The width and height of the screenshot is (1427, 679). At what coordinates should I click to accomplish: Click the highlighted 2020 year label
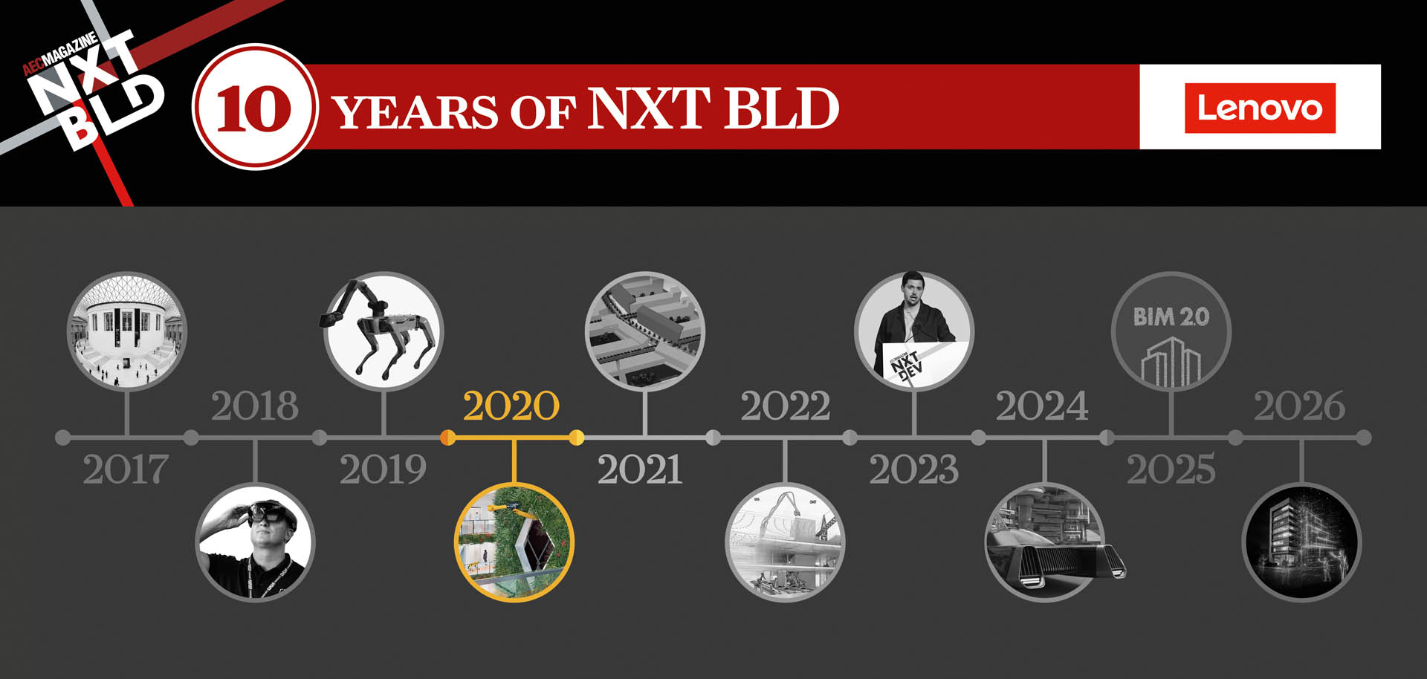(x=511, y=406)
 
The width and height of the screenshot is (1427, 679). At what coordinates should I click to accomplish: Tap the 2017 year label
(x=126, y=470)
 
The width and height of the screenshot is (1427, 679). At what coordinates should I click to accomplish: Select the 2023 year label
(x=913, y=470)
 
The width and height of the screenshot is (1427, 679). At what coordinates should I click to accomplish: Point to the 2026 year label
(x=1299, y=406)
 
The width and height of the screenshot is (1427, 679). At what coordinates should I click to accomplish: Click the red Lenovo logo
(x=1260, y=108)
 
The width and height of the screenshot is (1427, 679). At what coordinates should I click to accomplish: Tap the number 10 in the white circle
(x=254, y=108)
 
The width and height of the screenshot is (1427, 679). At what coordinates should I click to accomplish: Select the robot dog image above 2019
(x=384, y=331)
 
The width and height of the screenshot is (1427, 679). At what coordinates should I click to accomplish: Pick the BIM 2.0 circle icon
(x=1171, y=331)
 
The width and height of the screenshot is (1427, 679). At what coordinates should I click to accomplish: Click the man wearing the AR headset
(x=255, y=542)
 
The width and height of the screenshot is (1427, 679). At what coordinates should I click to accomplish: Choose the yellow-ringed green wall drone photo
(x=514, y=542)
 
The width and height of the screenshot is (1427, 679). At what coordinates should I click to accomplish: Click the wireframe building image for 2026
(x=1301, y=542)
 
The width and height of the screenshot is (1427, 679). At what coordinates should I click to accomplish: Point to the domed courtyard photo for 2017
(x=127, y=331)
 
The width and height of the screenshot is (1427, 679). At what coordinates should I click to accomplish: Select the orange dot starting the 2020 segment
(x=447, y=438)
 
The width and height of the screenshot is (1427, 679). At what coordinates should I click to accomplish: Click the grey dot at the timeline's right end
(x=1364, y=438)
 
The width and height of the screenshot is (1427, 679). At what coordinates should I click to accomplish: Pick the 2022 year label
(x=785, y=406)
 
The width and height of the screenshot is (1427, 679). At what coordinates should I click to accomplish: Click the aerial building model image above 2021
(x=644, y=331)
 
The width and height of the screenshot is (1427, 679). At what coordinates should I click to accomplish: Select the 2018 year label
(x=254, y=406)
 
